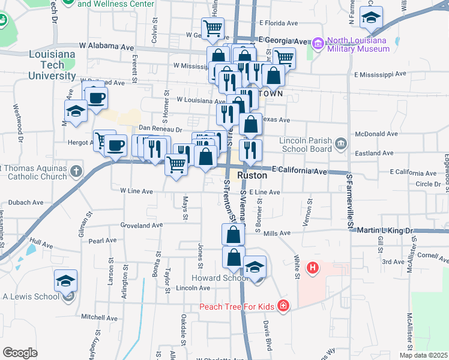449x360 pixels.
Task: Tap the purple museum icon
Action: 318,43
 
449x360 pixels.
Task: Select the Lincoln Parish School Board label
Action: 306,144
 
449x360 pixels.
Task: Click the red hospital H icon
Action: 312,268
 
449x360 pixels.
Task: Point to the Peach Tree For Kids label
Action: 237,307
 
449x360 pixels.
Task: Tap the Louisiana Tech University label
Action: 52,65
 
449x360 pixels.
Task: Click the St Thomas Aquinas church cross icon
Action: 76,172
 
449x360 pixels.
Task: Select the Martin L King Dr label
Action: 385,230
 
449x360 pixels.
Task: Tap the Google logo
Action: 20,353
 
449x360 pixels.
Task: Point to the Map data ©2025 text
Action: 423,355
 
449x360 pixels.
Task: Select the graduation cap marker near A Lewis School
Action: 65,281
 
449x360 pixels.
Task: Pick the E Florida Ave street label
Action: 279,23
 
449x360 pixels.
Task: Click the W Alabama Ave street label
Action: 107,46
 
